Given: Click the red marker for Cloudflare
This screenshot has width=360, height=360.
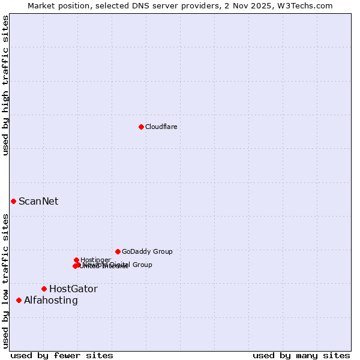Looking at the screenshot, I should click(x=141, y=127).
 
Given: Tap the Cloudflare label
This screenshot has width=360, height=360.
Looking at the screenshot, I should click(x=161, y=127).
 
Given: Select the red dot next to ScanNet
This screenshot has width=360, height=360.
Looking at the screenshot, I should click(x=13, y=201).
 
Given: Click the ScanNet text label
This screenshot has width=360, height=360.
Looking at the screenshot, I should click(x=38, y=201).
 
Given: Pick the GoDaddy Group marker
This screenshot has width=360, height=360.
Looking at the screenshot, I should click(x=118, y=251).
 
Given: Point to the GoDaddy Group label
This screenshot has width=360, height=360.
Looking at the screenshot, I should click(x=147, y=251).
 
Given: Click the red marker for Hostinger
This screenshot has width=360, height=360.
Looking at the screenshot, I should click(x=76, y=260).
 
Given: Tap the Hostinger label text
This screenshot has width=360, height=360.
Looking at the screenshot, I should click(x=95, y=260).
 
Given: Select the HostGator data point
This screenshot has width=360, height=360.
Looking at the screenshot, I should click(x=44, y=289).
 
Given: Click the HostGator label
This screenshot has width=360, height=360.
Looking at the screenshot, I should click(x=73, y=289).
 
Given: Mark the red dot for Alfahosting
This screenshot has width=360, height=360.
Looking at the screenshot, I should click(x=19, y=300).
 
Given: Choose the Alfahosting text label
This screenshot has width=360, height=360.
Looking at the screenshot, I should click(x=51, y=300).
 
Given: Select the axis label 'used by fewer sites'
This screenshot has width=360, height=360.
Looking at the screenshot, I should click(x=62, y=355).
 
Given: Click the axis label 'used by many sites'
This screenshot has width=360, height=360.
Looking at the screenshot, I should click(x=301, y=355).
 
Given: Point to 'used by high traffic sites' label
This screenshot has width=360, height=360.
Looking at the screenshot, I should click(x=5, y=85).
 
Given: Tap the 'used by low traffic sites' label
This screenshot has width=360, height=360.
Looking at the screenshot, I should click(x=5, y=281).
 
